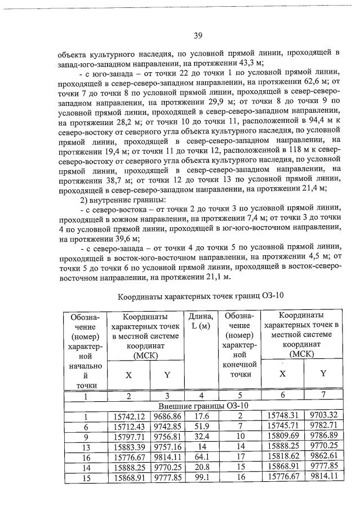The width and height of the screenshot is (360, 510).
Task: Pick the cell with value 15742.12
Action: pos(130,416)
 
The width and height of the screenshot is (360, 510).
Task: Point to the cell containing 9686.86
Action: pos(166,416)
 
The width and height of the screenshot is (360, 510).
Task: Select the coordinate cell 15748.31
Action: pos(283,415)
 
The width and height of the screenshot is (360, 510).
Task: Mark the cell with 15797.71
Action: pos(130,437)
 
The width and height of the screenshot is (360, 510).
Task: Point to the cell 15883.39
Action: pos(130,447)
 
